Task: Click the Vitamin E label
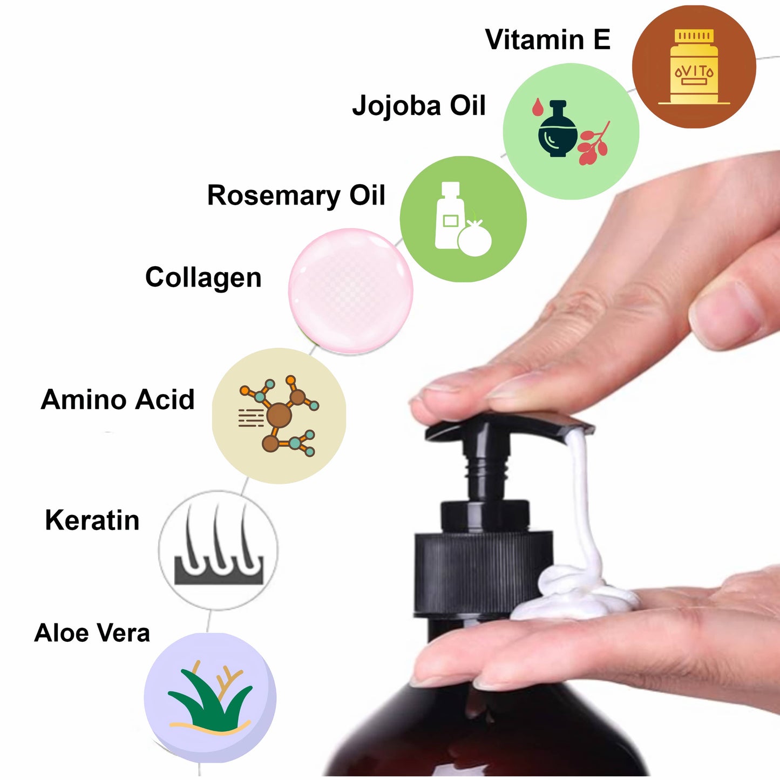548,39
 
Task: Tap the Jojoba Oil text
419,106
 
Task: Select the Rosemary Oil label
296,196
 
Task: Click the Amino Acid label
118,399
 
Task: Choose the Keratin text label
92,520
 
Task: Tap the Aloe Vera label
92,633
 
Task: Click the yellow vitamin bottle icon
694,66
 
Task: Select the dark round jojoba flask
558,130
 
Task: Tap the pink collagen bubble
350,291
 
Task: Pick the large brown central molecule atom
279,415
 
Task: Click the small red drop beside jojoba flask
538,107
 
